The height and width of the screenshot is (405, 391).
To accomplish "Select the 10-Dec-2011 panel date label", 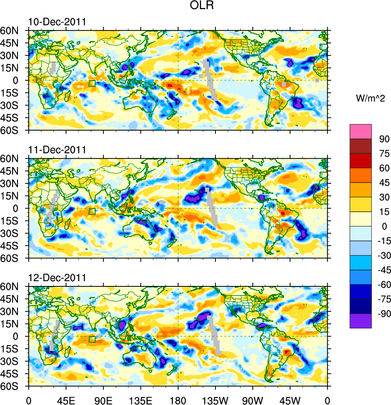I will point(57,22).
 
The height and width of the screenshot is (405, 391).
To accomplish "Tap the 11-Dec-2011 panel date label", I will point(57,150).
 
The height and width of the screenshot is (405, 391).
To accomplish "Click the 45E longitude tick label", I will point(66,399).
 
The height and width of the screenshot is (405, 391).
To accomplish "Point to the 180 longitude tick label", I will point(178,399).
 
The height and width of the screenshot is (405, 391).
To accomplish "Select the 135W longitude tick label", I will point(215,399).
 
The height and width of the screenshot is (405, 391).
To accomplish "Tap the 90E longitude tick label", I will point(103,399).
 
